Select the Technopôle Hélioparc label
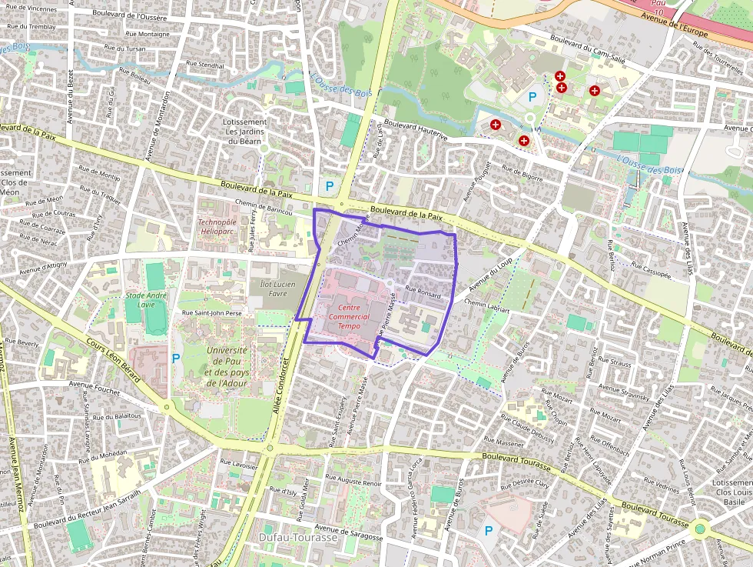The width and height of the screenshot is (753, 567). click(x=216, y=226)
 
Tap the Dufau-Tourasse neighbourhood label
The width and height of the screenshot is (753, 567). click(x=298, y=537)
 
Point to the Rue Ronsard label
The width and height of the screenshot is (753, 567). click(x=423, y=292)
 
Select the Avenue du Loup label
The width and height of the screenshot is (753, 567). click(x=490, y=274)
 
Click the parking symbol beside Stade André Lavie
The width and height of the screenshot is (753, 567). click(x=176, y=358)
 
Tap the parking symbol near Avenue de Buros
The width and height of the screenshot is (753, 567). click(x=487, y=530)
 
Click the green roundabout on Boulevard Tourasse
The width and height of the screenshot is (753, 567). click(x=699, y=529)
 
